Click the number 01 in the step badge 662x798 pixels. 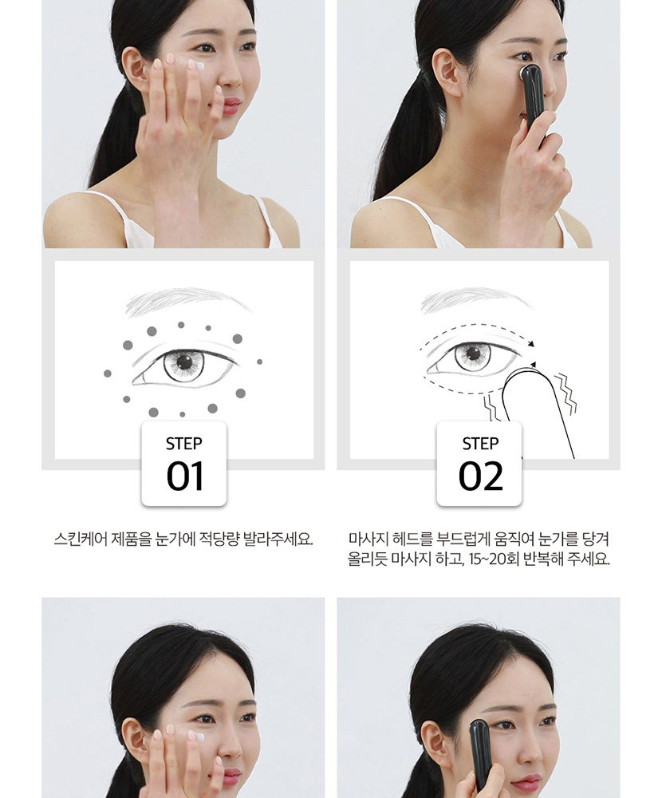coord(184,476)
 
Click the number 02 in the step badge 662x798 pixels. coord(480,476)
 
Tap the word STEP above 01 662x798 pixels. coord(183,444)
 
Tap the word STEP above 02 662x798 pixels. coord(480,444)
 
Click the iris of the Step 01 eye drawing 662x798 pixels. coord(183,363)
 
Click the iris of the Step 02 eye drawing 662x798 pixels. coord(473,355)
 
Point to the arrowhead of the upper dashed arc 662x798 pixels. coord(532,344)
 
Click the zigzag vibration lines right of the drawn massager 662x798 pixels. coord(565,393)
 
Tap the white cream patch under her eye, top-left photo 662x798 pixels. coord(196,65)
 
